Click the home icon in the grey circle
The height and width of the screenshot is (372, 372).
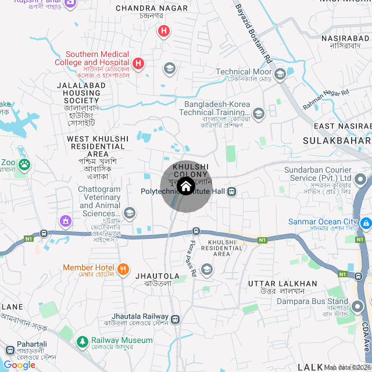click(x=186, y=187)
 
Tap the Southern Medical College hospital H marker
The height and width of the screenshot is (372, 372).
click(x=138, y=63)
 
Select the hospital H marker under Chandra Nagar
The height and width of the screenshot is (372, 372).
click(x=164, y=31)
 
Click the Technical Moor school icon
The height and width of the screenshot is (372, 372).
click(x=280, y=73)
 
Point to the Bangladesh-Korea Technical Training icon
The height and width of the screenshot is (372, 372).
click(x=258, y=113)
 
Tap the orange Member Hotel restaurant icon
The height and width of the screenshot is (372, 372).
click(x=123, y=269)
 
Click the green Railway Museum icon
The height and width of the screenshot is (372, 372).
click(x=83, y=341)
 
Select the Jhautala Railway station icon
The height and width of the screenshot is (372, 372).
click(x=176, y=319)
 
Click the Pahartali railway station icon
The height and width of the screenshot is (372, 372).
click(x=9, y=350)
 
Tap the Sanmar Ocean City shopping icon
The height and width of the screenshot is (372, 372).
click(x=366, y=223)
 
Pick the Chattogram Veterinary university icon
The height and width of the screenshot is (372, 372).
click(x=129, y=213)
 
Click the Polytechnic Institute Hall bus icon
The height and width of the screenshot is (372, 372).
click(x=231, y=191)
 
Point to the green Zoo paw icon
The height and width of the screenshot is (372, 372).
click(x=24, y=165)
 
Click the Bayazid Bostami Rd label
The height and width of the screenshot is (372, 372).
click(x=253, y=33)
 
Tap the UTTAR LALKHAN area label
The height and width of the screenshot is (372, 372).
click(x=282, y=284)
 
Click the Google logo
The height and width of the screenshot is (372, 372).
click(x=20, y=364)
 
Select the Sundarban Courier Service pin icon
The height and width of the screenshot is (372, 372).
click(x=360, y=178)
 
